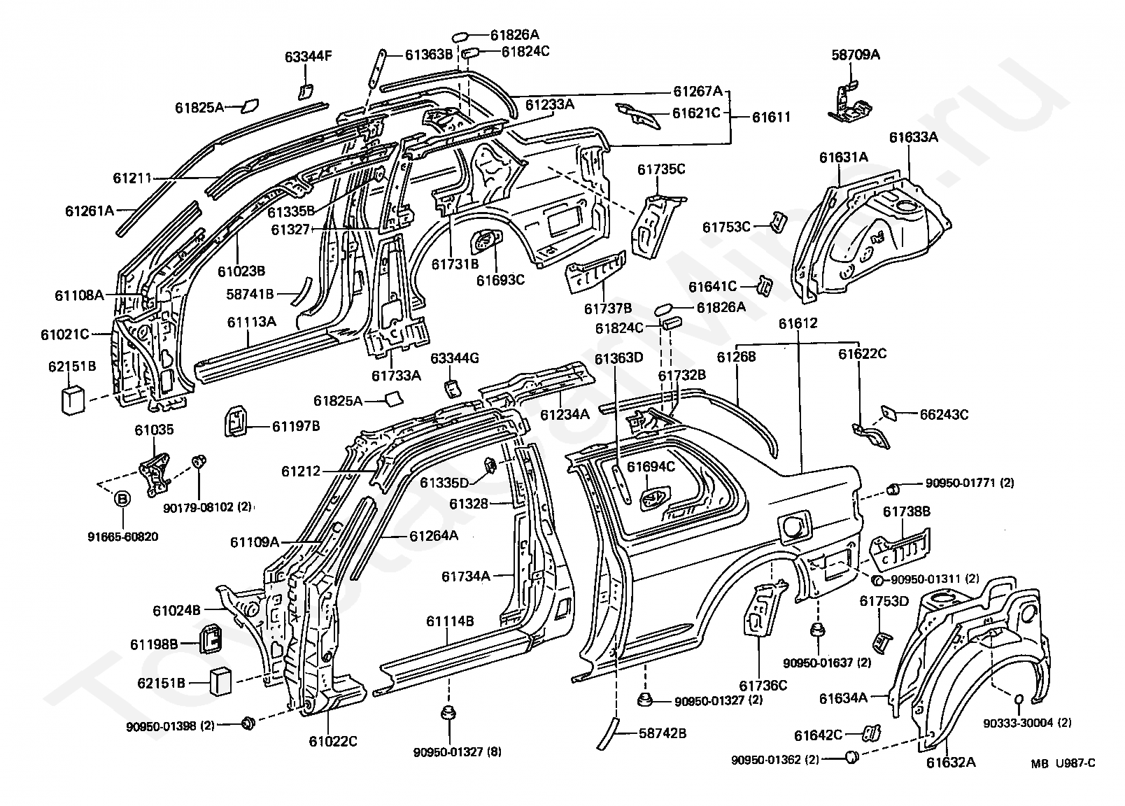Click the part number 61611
tap(771, 117)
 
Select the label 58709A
tap(856, 55)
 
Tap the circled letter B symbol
tap(123, 499)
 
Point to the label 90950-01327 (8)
tap(457, 751)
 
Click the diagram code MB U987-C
tap(1063, 764)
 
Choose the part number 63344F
tap(309, 56)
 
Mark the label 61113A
tap(252, 321)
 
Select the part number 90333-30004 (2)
tap(1027, 723)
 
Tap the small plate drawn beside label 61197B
tap(236, 420)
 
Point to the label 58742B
tap(663, 734)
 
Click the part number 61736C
tap(763, 686)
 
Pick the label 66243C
tap(944, 414)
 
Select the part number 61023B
tap(241, 271)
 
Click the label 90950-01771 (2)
tap(970, 483)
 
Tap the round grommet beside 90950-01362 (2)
tap(851, 757)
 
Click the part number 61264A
tap(434, 536)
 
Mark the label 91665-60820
tap(123, 537)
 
